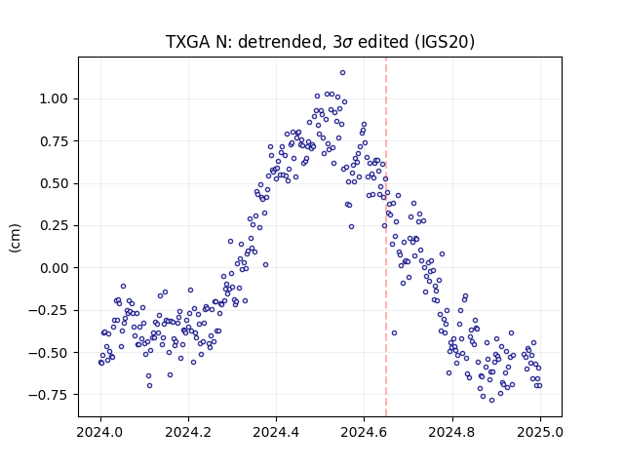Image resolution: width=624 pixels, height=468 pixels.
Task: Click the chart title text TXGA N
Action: tap(195, 42)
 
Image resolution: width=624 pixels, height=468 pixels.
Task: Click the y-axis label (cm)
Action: tap(15, 238)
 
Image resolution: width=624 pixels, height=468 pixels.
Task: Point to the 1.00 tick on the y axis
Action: tap(54, 98)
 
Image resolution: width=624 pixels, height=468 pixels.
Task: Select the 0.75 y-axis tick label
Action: tap(54, 141)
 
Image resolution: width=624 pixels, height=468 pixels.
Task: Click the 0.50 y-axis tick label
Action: tap(54, 183)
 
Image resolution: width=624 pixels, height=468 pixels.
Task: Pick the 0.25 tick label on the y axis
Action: tap(54, 225)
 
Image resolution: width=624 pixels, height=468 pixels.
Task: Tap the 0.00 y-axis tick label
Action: tap(54, 268)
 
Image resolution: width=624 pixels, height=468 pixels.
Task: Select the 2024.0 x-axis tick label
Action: tap(100, 432)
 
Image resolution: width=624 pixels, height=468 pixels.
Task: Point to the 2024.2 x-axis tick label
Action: tap(188, 432)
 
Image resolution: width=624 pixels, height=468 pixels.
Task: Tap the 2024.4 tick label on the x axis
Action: tap(276, 432)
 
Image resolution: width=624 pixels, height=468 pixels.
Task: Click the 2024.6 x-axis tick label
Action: tap(364, 432)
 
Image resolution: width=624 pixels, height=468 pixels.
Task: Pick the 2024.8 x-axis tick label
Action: tap(452, 432)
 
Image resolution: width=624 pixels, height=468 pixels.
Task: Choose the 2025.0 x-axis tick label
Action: tap(540, 432)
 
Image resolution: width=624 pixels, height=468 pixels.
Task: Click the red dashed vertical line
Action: tap(386, 237)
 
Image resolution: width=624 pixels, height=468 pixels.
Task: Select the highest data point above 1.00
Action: tap(342, 73)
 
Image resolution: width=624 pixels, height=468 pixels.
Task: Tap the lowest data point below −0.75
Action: tap(491, 401)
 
